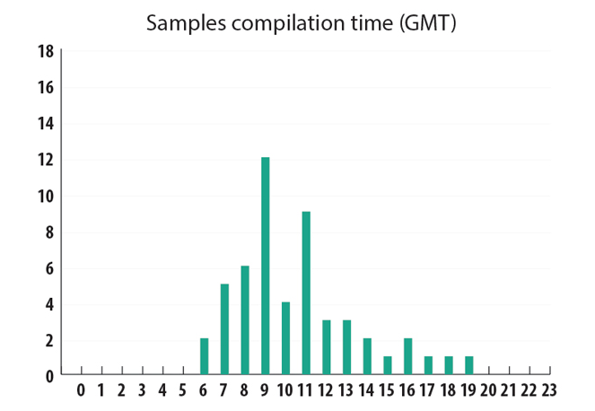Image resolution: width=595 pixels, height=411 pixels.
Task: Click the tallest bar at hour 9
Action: (265, 266)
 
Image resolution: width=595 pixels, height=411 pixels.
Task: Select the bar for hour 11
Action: (306, 293)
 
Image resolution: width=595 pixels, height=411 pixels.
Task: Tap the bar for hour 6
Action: (204, 356)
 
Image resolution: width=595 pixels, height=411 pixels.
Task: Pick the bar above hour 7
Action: (224, 329)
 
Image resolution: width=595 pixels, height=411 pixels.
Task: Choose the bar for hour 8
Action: (245, 320)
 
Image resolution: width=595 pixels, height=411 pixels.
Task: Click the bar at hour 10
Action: (285, 338)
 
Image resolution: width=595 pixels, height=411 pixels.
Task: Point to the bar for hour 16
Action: (408, 356)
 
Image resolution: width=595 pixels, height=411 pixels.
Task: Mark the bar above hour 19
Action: (469, 365)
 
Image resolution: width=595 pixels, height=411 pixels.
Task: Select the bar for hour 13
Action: (347, 347)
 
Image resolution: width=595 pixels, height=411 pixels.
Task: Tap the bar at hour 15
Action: (388, 365)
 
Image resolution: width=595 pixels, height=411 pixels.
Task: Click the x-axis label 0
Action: (81, 390)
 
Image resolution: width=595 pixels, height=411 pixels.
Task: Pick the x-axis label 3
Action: (142, 390)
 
